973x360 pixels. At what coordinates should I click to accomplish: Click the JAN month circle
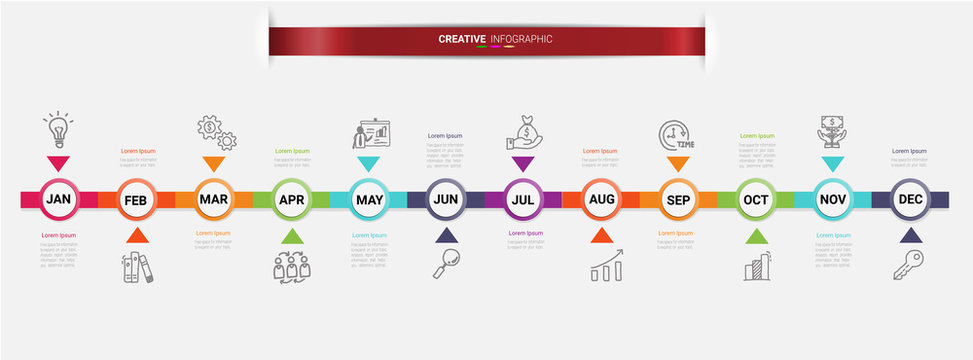pyautogui.click(x=58, y=199)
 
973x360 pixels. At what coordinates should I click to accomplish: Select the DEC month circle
pyautogui.click(x=910, y=199)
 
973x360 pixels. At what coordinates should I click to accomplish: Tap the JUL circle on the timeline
pyautogui.click(x=522, y=199)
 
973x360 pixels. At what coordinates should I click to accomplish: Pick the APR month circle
pyautogui.click(x=291, y=199)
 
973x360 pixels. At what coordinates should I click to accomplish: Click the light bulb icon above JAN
pyautogui.click(x=58, y=130)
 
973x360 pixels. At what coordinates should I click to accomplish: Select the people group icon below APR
pyautogui.click(x=291, y=266)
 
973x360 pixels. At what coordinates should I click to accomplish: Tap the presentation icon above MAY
pyautogui.click(x=370, y=134)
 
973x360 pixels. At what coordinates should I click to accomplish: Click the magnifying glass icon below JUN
pyautogui.click(x=446, y=263)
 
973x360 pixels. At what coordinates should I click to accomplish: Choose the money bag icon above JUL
pyautogui.click(x=523, y=133)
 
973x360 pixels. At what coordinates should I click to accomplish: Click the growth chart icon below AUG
pyautogui.click(x=606, y=266)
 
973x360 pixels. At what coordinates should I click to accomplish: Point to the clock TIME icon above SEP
pyautogui.click(x=676, y=135)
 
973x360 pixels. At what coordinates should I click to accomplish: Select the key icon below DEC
pyautogui.click(x=909, y=264)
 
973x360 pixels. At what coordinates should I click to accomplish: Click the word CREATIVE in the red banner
pyautogui.click(x=462, y=39)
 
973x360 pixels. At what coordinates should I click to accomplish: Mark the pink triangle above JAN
pyautogui.click(x=58, y=163)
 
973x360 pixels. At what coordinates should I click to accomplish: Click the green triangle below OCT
pyautogui.click(x=756, y=236)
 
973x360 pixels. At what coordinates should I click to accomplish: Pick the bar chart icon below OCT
pyautogui.click(x=757, y=266)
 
